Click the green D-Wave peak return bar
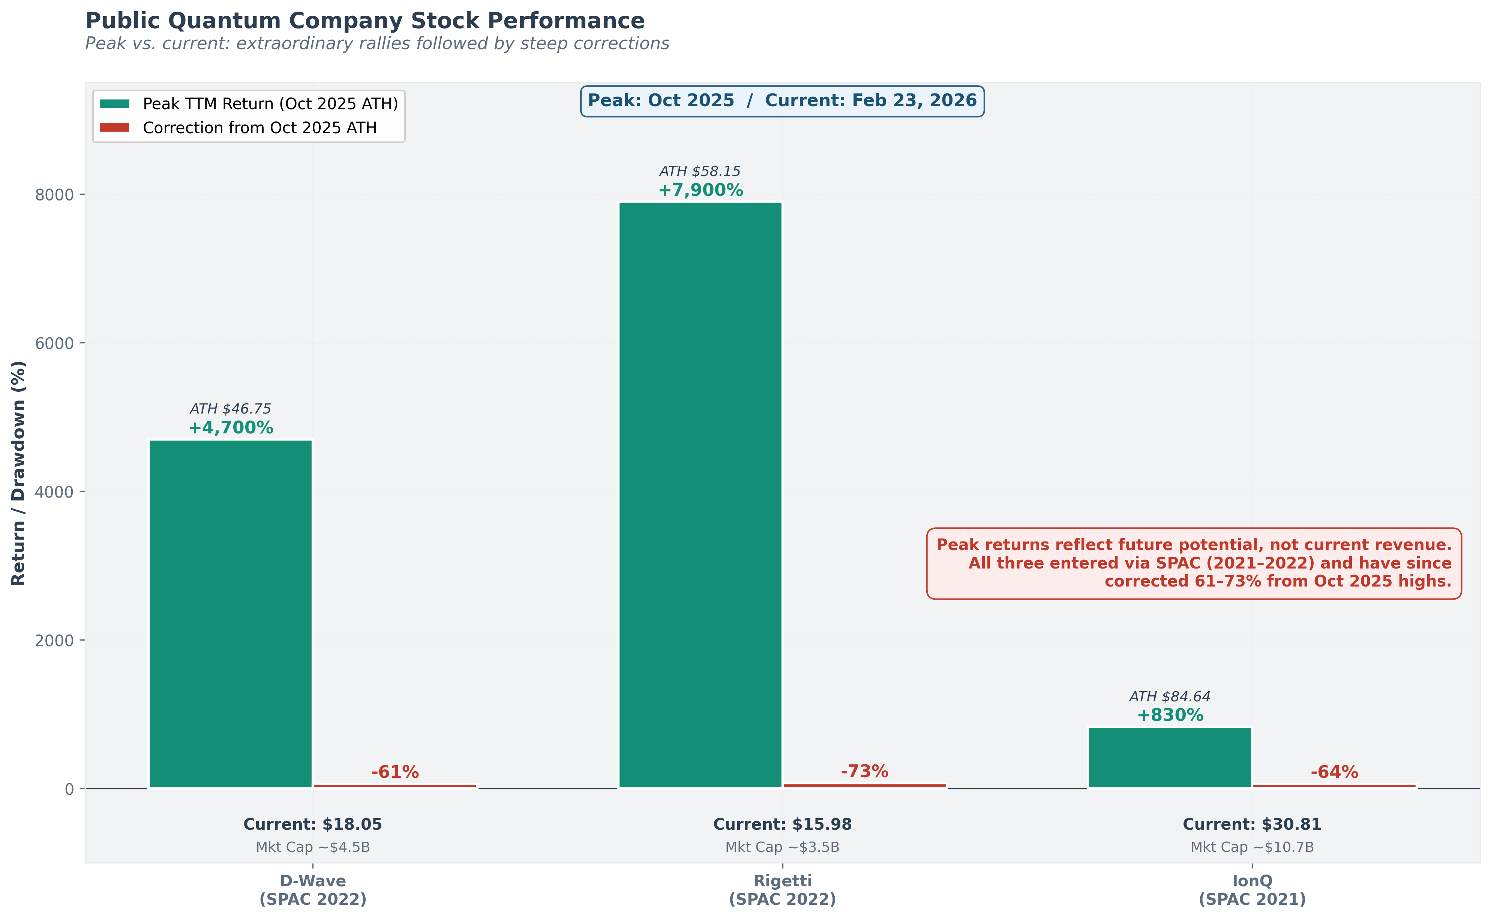click(230, 614)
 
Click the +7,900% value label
click(700, 190)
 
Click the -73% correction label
click(864, 771)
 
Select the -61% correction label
click(395, 772)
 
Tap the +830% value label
click(1170, 715)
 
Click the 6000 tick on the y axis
click(54, 343)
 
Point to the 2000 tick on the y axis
click(54, 641)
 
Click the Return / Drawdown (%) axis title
click(19, 473)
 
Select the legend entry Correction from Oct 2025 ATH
click(259, 128)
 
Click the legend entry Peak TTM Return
click(270, 104)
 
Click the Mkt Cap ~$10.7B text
click(1252, 847)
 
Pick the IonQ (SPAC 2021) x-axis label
click(1252, 890)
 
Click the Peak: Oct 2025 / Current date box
click(782, 101)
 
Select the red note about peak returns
click(1193, 563)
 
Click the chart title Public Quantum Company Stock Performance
click(364, 21)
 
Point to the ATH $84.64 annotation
click(1170, 696)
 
